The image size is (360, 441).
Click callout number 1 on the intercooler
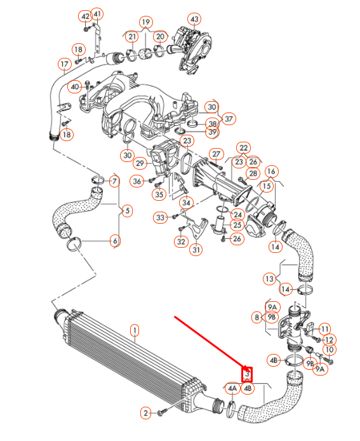pyautogui.click(x=135, y=330)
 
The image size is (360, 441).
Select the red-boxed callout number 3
pyautogui.click(x=248, y=374)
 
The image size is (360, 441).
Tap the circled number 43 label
pyautogui.click(x=194, y=19)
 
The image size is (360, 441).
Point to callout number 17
pyautogui.click(x=64, y=64)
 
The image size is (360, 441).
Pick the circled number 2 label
pyautogui.click(x=145, y=414)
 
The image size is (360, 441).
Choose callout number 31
pyautogui.click(x=196, y=250)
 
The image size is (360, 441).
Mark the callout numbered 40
pyautogui.click(x=75, y=86)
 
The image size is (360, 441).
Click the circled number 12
pyautogui.click(x=329, y=340)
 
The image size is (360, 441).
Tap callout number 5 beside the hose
pyautogui.click(x=126, y=210)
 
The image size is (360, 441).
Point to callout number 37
pyautogui.click(x=229, y=118)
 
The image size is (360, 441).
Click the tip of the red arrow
pyautogui.click(x=247, y=367)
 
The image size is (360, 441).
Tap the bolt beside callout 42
pyautogui.click(x=86, y=27)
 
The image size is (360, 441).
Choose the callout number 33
pyautogui.click(x=160, y=218)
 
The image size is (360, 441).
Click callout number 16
pyautogui.click(x=271, y=172)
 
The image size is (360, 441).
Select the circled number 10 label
pyautogui.click(x=329, y=350)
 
